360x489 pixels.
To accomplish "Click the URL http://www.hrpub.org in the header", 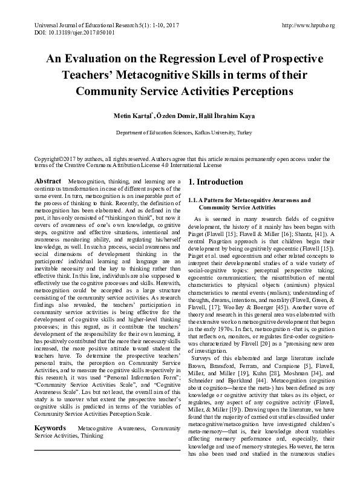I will click(309, 25).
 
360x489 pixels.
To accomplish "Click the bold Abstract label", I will click(47, 182).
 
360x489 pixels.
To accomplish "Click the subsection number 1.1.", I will click(194, 200).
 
